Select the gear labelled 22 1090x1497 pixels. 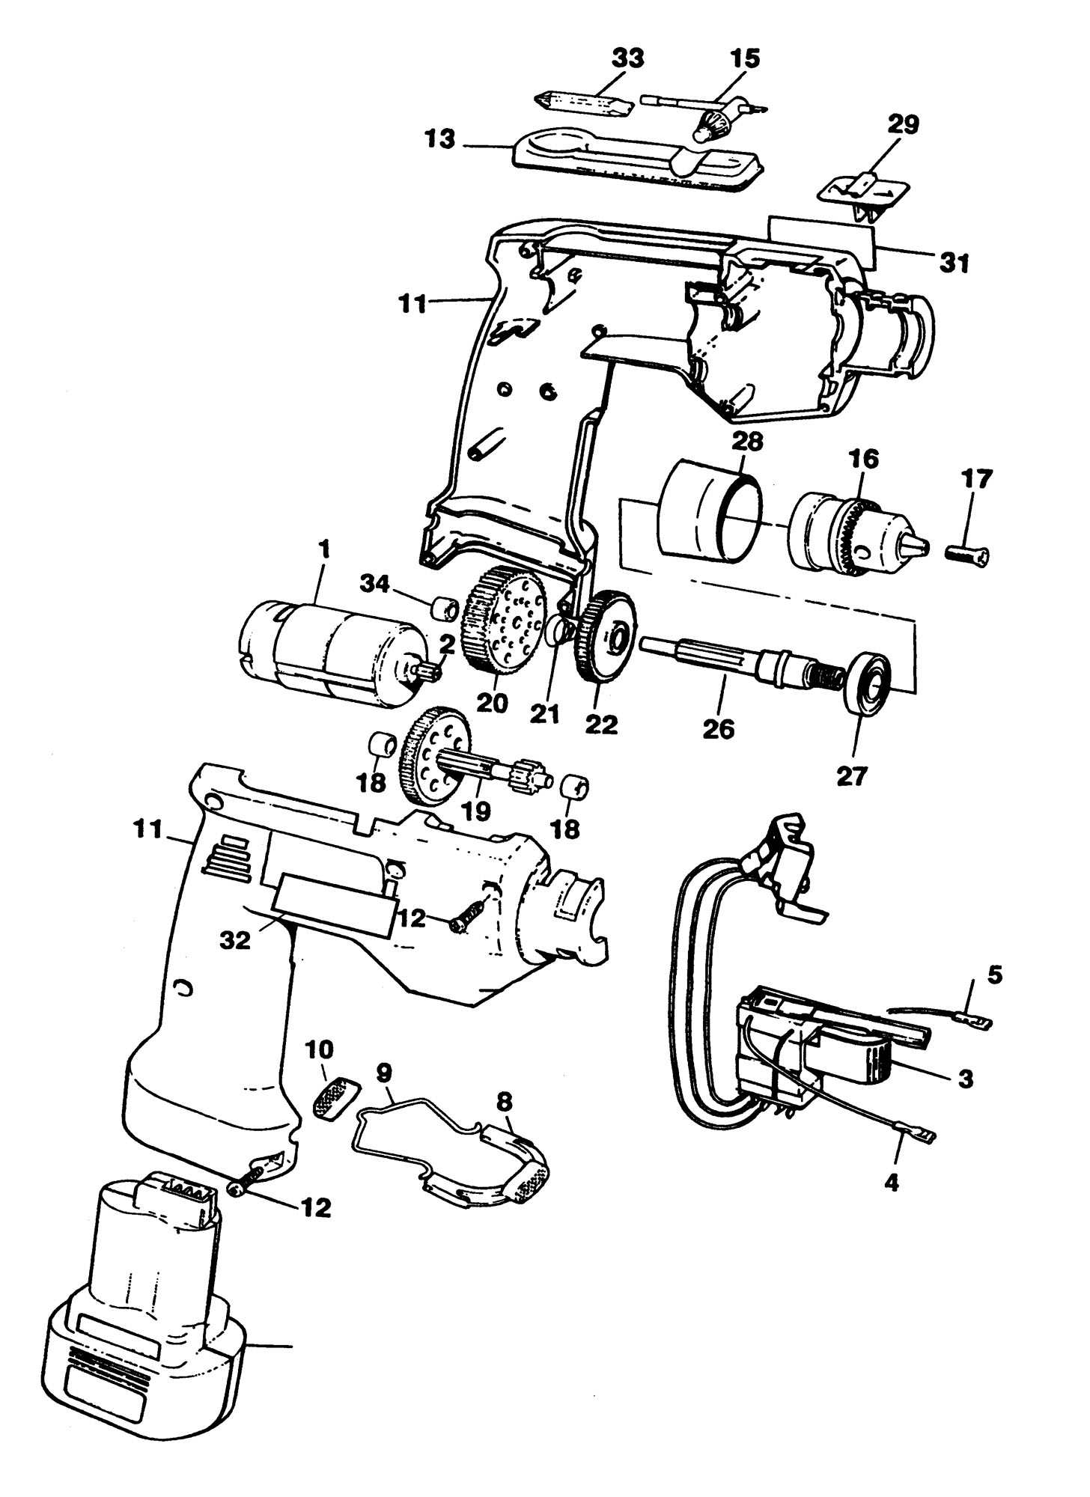tap(605, 635)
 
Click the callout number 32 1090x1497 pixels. tap(235, 942)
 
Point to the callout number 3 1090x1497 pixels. tap(966, 1079)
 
